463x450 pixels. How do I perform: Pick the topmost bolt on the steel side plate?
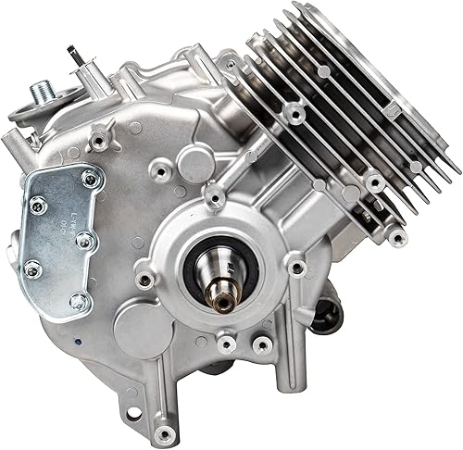click(89, 180)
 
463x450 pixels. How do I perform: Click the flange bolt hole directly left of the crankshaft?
click(144, 279)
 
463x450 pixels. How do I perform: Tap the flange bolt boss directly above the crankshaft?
click(215, 196)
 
